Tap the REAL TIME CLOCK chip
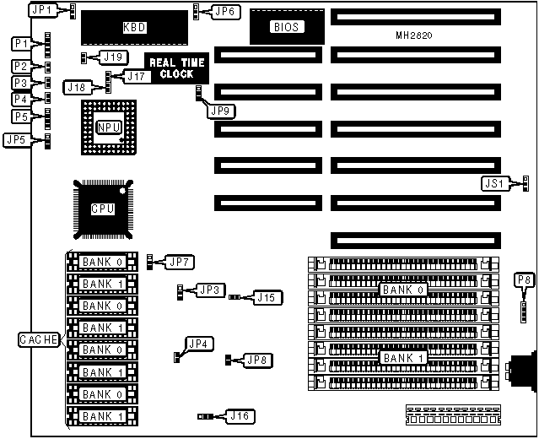(176, 68)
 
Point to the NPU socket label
(107, 127)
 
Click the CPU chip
(104, 208)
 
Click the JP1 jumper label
(40, 10)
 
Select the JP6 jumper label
(225, 11)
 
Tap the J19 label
(114, 57)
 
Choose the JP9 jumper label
(222, 110)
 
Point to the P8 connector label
(525, 279)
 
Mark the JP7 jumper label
(180, 260)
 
